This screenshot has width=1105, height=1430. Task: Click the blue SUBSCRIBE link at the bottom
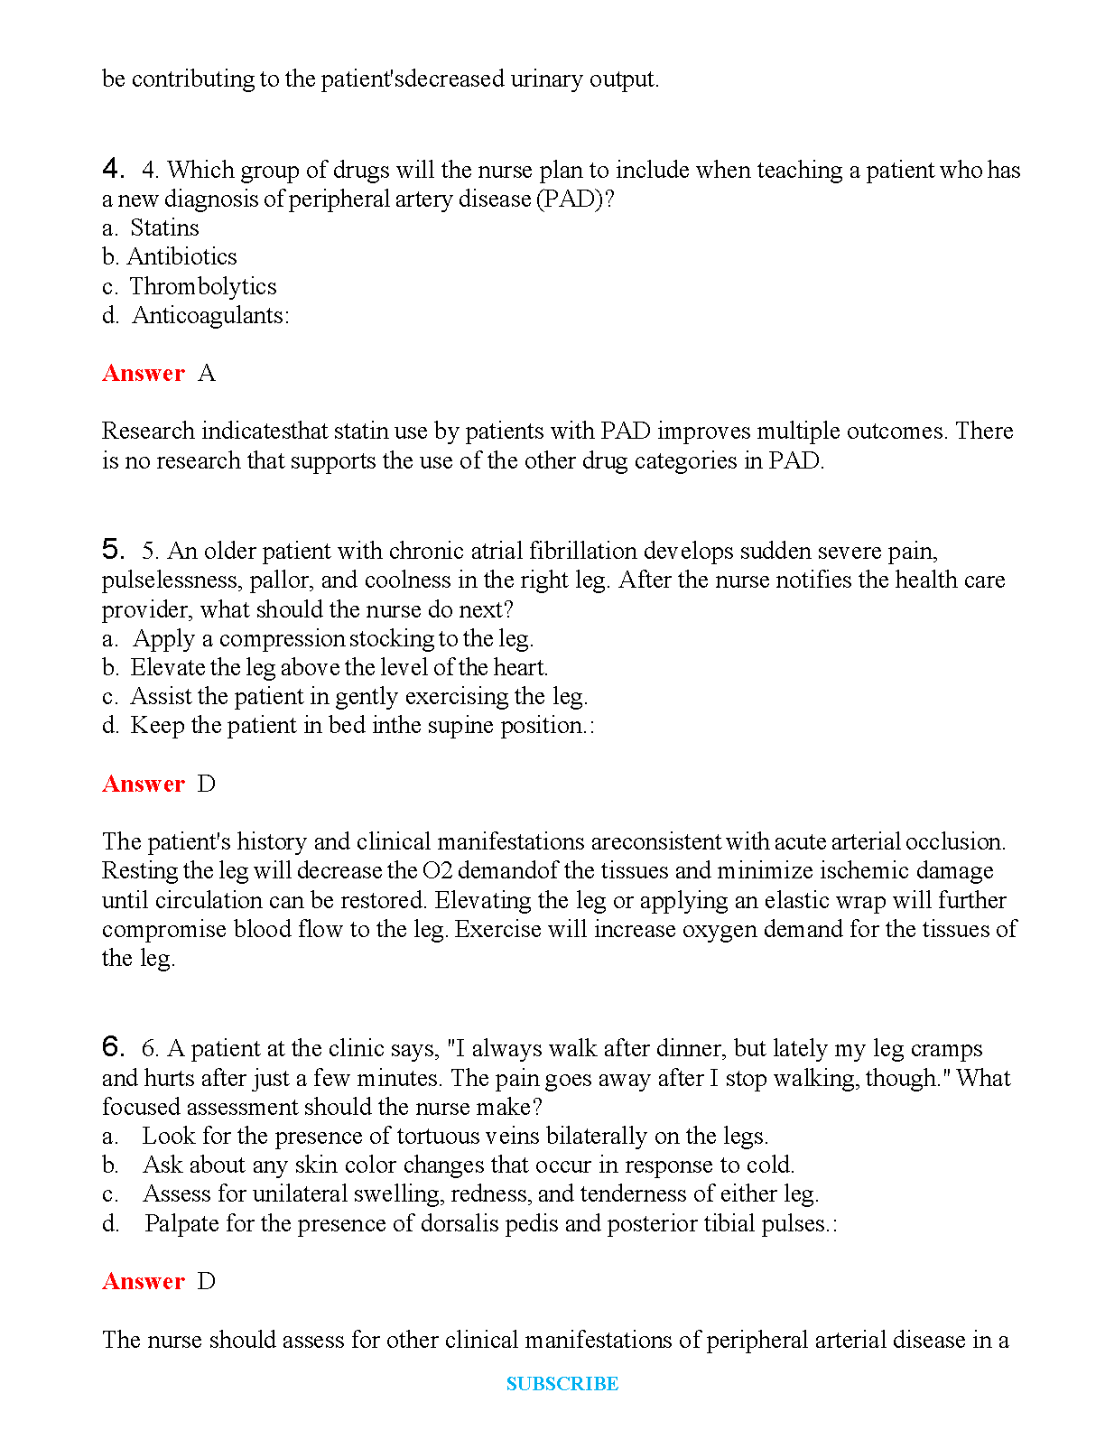tap(562, 1384)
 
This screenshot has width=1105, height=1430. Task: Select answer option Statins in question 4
tap(164, 228)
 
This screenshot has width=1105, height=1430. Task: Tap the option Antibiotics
tap(181, 257)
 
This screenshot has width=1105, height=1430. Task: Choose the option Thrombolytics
tap(203, 287)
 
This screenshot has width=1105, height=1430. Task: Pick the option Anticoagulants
tap(209, 316)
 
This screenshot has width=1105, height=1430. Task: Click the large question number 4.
tap(113, 169)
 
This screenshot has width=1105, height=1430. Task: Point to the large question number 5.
tap(113, 550)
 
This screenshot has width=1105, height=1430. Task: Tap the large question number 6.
tap(113, 1047)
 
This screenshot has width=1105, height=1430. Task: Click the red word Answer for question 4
tap(144, 374)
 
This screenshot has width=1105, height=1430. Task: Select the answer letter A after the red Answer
tap(207, 374)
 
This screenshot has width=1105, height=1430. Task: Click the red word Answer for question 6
tap(144, 1282)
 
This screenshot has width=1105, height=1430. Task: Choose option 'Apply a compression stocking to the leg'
tap(332, 639)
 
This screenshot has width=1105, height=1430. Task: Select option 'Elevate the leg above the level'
tap(339, 668)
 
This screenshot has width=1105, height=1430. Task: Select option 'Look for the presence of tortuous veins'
tap(455, 1137)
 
